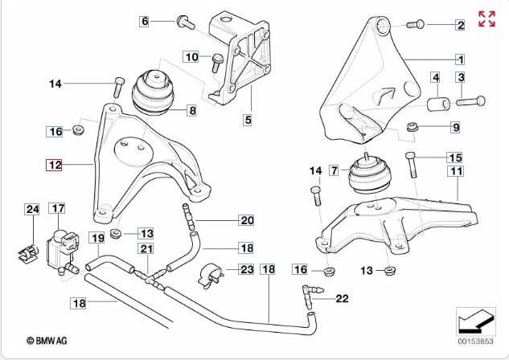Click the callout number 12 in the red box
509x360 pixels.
point(55,166)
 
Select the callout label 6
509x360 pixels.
point(146,22)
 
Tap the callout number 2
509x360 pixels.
point(461,26)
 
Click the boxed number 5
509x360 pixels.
point(248,121)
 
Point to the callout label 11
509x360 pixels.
point(456,171)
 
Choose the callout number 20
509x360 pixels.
point(246,220)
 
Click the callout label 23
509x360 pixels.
point(246,271)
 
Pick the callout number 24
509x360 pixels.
point(31,210)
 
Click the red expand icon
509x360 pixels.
point(486,19)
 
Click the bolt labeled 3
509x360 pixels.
point(470,101)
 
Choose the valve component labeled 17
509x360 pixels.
point(60,245)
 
